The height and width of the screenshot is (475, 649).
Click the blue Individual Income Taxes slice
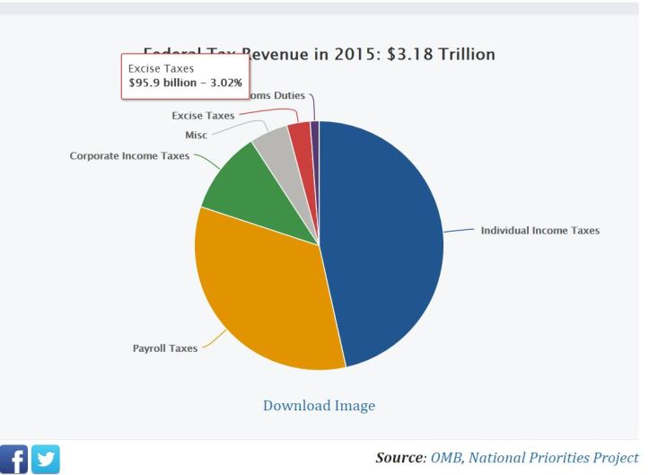pyautogui.click(x=386, y=242)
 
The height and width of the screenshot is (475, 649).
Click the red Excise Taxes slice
pyautogui.click(x=301, y=137)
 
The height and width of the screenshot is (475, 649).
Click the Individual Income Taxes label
pyautogui.click(x=539, y=231)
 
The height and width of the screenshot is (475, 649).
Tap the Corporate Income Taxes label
pyautogui.click(x=129, y=155)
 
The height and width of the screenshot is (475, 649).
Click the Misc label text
pyautogui.click(x=196, y=135)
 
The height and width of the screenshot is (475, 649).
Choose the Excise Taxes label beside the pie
pyautogui.click(x=203, y=115)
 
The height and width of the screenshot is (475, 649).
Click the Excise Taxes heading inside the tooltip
pyautogui.click(x=161, y=68)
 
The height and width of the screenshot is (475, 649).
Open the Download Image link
pyautogui.click(x=319, y=406)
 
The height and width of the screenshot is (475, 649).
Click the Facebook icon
pyautogui.click(x=14, y=460)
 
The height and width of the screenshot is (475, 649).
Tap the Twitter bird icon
pyautogui.click(x=46, y=460)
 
